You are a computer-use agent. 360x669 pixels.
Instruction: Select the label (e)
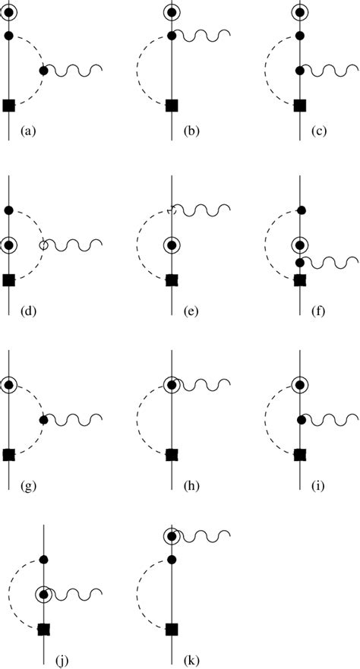click(x=192, y=310)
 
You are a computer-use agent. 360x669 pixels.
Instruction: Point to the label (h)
click(x=192, y=484)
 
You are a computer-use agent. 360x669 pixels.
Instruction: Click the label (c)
click(x=320, y=131)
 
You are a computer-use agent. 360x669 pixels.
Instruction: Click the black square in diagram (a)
click(x=9, y=105)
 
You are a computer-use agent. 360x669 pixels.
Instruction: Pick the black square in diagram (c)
click(x=300, y=105)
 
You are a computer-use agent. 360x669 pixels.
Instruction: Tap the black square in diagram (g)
click(x=9, y=454)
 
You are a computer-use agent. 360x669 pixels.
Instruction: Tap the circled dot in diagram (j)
click(x=44, y=594)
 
